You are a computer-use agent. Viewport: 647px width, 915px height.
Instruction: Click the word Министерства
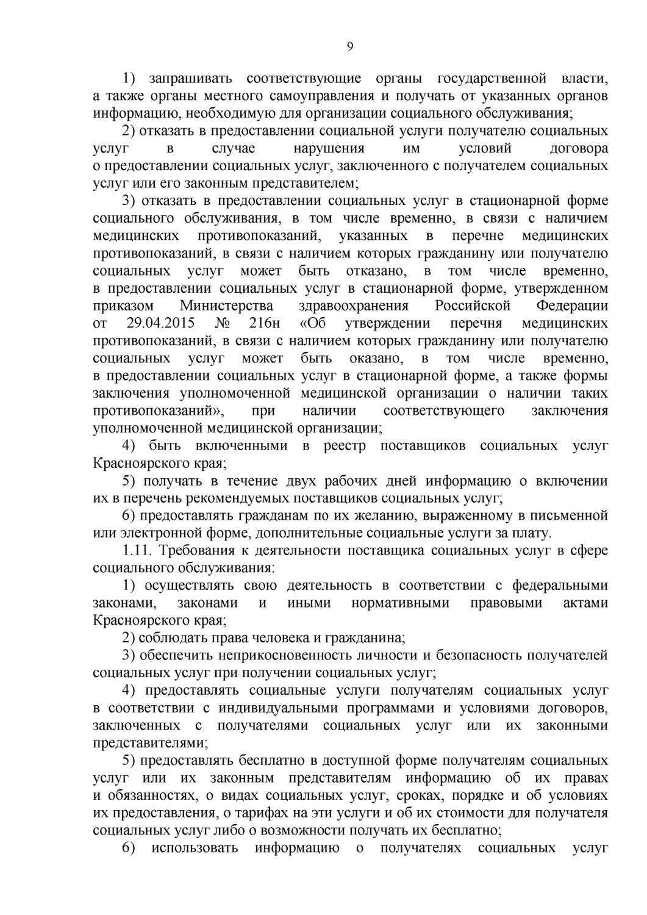click(226, 306)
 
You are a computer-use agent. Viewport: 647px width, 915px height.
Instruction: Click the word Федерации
click(572, 306)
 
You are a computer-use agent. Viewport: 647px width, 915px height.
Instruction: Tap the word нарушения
click(329, 149)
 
